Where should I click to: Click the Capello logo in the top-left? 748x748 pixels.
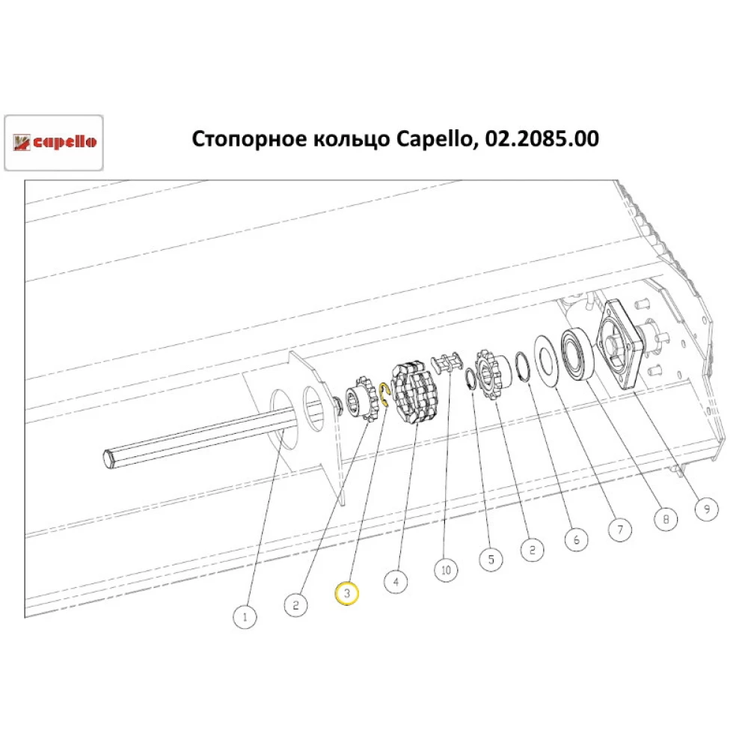point(54,142)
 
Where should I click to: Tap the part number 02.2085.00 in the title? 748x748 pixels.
point(541,139)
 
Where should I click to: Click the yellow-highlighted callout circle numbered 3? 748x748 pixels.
point(346,592)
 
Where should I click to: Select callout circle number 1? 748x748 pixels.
point(244,617)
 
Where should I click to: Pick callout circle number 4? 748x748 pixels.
point(396,580)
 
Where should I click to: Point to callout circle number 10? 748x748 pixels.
point(446,570)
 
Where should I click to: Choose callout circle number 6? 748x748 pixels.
point(576,539)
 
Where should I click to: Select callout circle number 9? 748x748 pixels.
point(705,509)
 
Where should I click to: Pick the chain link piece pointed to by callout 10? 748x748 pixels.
point(445,366)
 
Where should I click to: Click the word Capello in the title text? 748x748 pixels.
point(433,139)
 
